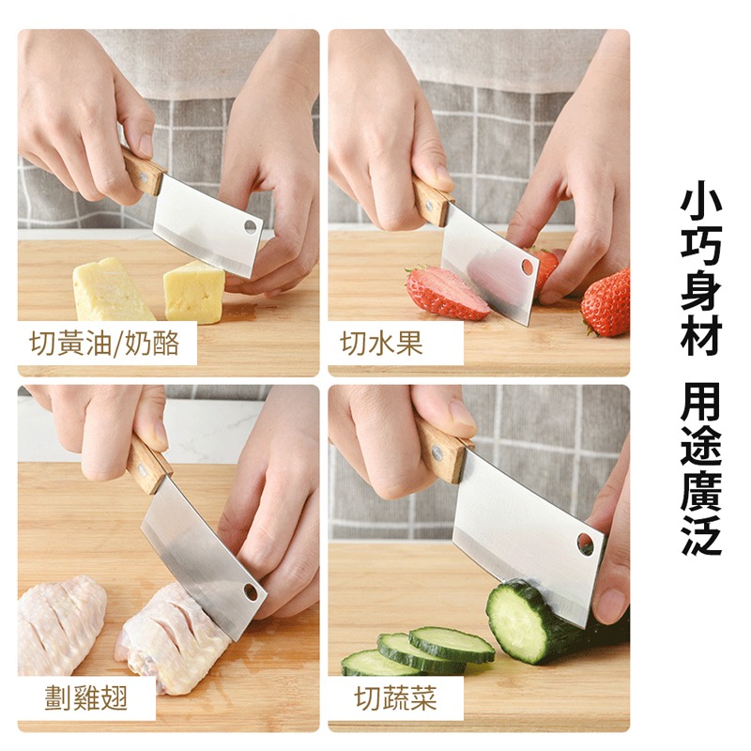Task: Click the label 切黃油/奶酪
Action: point(107,344)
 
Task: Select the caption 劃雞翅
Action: point(85,697)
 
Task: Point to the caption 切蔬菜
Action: point(395,697)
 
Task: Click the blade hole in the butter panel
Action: point(251,226)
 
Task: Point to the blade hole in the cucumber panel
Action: point(585,544)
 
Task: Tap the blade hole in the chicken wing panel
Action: point(251,590)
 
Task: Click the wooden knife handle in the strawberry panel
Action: point(433,199)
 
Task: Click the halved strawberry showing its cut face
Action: point(446,293)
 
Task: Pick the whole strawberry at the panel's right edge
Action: point(607,301)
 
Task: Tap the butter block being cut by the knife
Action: point(194,291)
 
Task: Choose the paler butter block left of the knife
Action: point(111,290)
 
